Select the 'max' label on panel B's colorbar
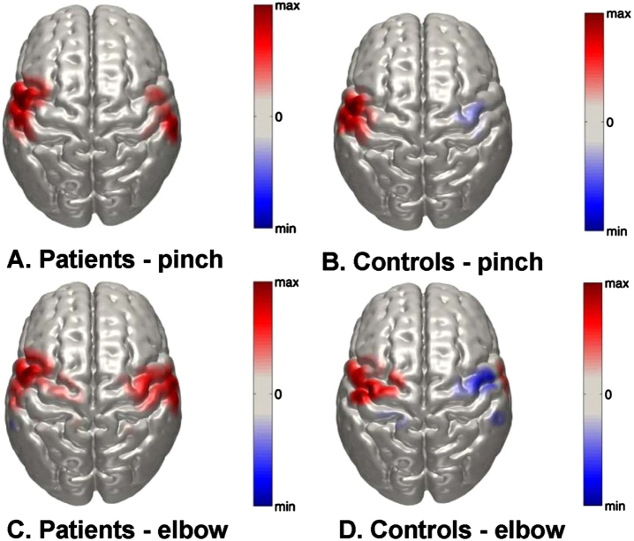coord(617,15)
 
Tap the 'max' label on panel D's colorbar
coord(617,288)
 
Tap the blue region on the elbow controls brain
coord(475,382)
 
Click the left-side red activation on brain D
coord(366,381)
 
